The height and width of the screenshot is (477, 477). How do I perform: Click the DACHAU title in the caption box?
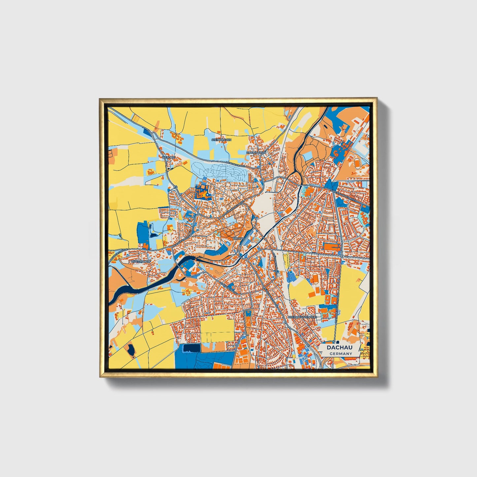339,348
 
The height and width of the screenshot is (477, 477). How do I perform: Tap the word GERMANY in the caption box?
341,354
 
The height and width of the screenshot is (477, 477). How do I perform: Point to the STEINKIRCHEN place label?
221,140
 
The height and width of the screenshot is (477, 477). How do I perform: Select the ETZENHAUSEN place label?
256,153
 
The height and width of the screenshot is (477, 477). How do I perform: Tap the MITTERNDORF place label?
141,261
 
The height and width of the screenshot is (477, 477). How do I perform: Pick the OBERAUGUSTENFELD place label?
302,317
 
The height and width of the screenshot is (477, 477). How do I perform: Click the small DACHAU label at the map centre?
238,238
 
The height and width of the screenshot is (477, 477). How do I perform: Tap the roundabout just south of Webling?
175,187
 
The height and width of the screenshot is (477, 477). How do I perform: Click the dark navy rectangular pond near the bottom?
192,348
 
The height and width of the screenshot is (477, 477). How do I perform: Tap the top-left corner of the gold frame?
100,99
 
